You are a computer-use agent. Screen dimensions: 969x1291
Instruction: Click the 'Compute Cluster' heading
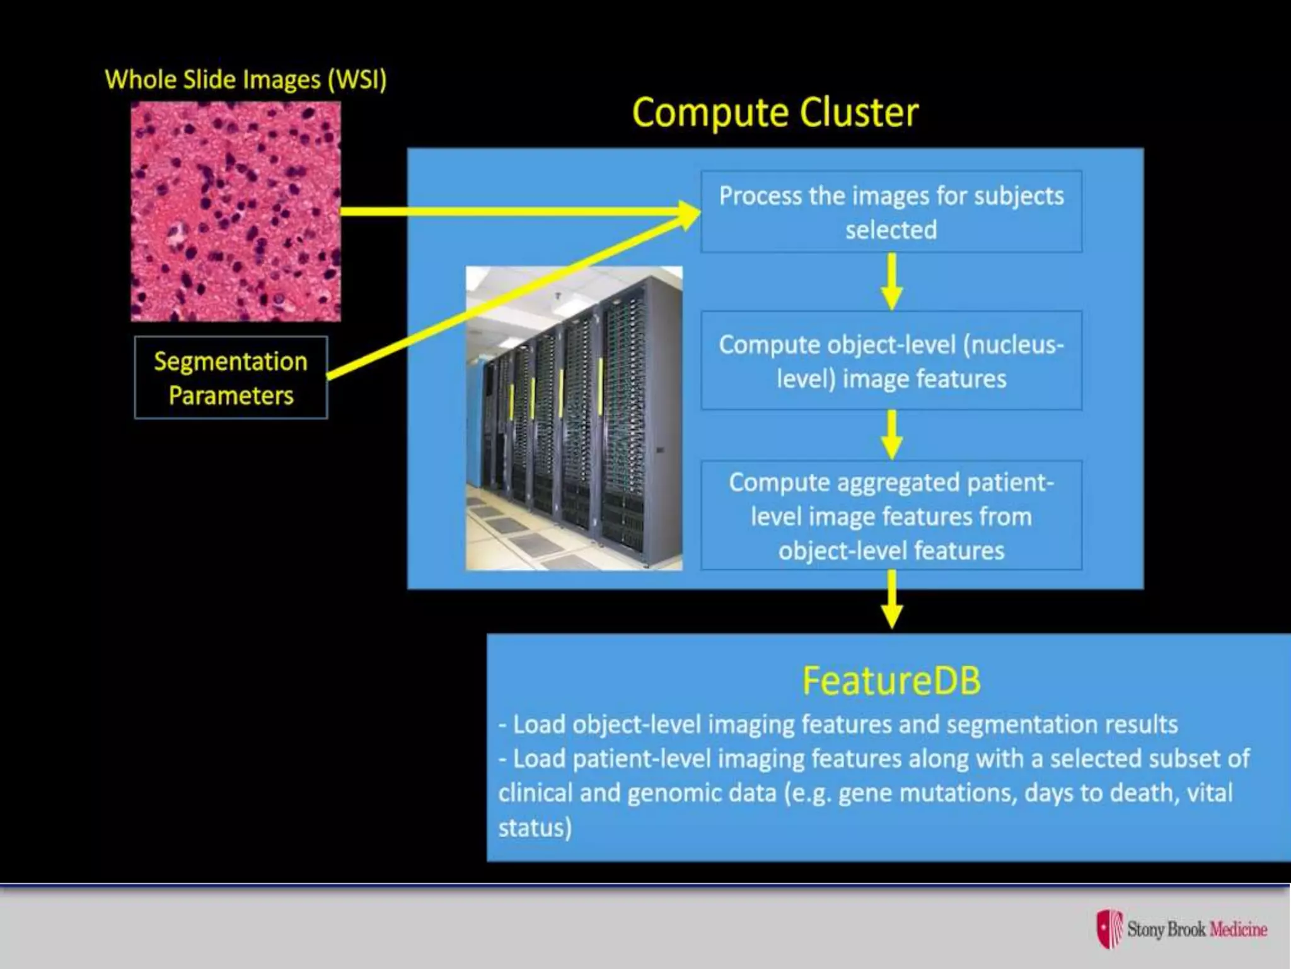point(775,113)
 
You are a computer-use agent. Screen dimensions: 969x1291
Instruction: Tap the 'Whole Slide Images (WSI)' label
point(245,80)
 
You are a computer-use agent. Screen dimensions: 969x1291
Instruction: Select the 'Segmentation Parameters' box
point(231,378)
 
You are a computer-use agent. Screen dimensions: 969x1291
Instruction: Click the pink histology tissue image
point(236,212)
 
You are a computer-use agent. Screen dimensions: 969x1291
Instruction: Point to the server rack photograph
point(574,418)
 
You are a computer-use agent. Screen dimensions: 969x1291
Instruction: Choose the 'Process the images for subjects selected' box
point(891,212)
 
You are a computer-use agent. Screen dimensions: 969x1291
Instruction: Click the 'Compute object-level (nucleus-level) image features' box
point(891,361)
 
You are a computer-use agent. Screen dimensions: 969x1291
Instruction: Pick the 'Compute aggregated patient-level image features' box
point(891,516)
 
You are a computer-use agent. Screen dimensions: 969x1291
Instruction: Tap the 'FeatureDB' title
point(891,681)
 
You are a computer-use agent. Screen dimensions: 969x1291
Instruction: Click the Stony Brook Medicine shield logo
point(1109,929)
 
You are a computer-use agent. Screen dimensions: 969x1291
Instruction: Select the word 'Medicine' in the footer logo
point(1238,929)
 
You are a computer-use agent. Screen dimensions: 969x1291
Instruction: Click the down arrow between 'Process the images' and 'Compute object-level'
point(891,283)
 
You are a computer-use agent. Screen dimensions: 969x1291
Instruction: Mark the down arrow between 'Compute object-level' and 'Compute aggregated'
point(891,435)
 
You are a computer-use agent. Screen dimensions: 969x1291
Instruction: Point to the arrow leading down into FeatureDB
point(891,601)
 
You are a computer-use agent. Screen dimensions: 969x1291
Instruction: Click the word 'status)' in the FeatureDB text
point(535,827)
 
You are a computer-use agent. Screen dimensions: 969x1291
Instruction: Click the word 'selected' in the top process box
point(891,230)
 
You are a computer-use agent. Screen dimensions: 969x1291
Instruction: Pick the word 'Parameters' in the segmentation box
point(231,396)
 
